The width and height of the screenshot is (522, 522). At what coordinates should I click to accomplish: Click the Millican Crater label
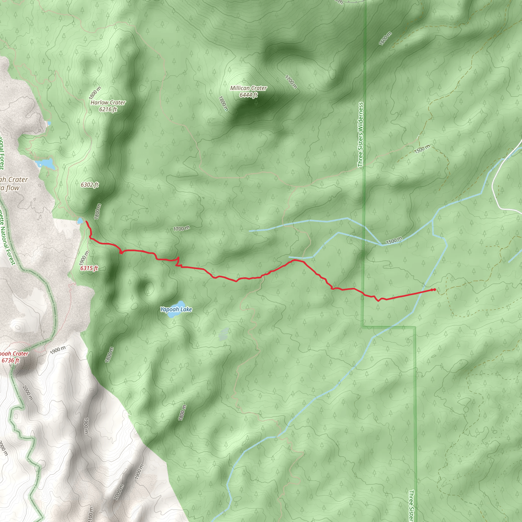click(248, 88)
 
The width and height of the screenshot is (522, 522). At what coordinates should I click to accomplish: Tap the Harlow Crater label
click(108, 103)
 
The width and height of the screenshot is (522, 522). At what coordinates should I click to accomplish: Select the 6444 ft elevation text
click(248, 95)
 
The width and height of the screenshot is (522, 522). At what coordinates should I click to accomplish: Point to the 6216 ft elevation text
click(108, 109)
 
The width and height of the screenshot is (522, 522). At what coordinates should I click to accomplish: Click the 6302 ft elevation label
click(89, 185)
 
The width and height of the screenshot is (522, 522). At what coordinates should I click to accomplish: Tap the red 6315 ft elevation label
click(89, 268)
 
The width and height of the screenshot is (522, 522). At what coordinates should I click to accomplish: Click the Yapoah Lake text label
click(176, 309)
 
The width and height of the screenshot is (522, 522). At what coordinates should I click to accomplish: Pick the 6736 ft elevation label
click(10, 360)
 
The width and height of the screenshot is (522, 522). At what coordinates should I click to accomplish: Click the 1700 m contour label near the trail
click(181, 229)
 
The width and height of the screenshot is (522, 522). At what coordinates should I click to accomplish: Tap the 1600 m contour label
click(385, 38)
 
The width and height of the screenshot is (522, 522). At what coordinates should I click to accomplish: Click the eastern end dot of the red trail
click(434, 290)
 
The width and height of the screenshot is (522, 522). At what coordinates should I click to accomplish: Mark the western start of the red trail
click(86, 221)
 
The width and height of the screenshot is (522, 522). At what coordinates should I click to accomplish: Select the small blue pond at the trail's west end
click(80, 221)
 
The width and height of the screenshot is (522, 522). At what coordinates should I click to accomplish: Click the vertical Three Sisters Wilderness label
click(360, 134)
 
